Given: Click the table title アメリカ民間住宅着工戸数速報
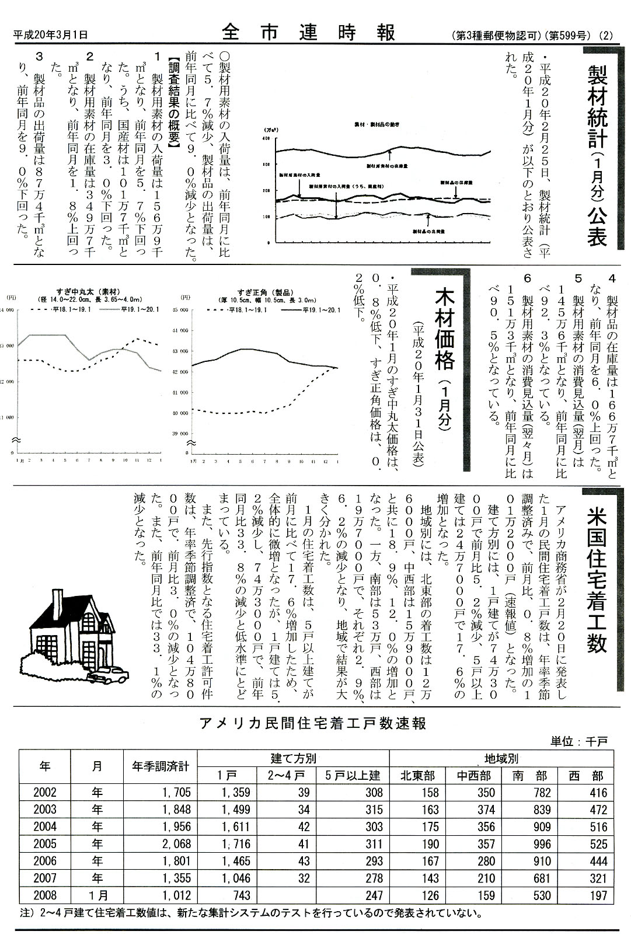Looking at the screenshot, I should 313,724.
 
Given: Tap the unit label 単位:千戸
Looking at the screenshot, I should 579,741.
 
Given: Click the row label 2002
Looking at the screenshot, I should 45,793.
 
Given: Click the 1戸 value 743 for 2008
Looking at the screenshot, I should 240,895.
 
